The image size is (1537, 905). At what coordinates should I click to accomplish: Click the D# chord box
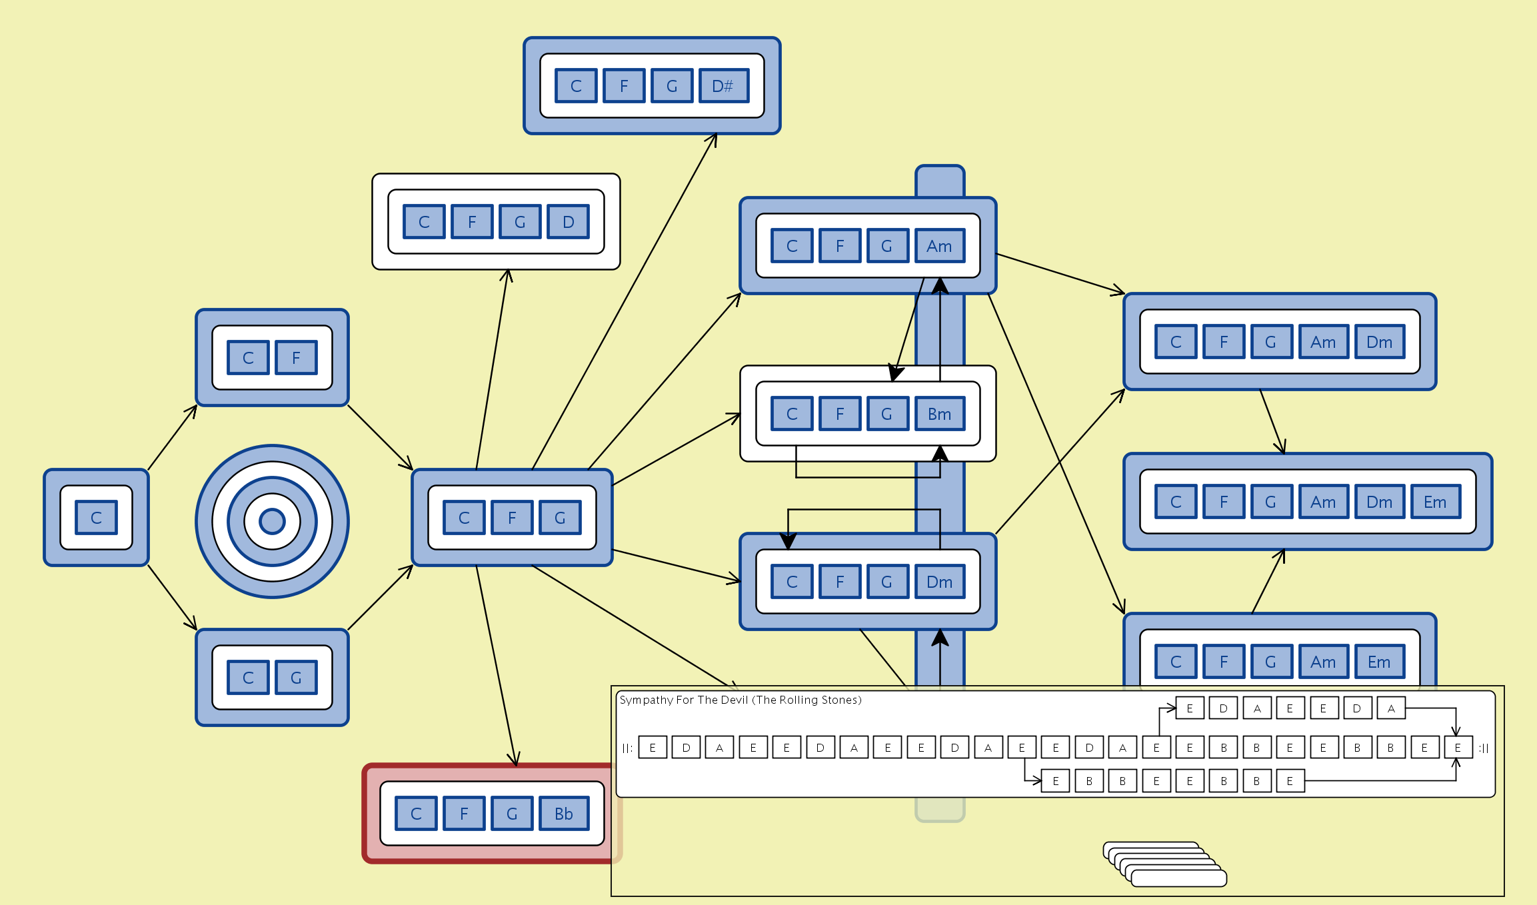coord(723,86)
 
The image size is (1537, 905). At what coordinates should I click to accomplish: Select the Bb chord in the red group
coord(563,814)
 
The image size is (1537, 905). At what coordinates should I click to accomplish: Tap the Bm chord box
coord(939,414)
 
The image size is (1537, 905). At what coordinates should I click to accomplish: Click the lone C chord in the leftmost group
coord(96,518)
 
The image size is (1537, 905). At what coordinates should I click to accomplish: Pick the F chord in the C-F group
coord(296,358)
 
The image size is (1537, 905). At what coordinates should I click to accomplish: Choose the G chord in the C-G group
coord(296,678)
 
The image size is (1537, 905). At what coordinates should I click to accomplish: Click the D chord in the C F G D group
coord(568,222)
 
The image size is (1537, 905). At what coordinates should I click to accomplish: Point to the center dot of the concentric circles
coord(272,521)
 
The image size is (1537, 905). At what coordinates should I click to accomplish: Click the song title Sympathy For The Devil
coord(740,700)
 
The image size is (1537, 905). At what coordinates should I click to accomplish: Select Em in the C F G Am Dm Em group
coord(1435,502)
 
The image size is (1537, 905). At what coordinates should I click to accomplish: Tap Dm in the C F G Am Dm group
coord(1379,342)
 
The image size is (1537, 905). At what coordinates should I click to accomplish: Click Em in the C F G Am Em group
coord(1379,662)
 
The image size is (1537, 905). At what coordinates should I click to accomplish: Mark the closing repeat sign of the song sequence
coord(1484,748)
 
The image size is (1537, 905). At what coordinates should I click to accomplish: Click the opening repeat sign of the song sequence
coord(627,748)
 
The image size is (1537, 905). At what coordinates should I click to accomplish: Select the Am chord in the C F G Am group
coord(939,246)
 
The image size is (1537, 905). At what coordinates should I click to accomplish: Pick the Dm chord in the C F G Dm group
coord(939,582)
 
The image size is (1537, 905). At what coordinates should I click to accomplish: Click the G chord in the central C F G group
coord(560,518)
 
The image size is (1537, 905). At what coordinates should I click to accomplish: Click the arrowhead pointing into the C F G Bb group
coord(515,760)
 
